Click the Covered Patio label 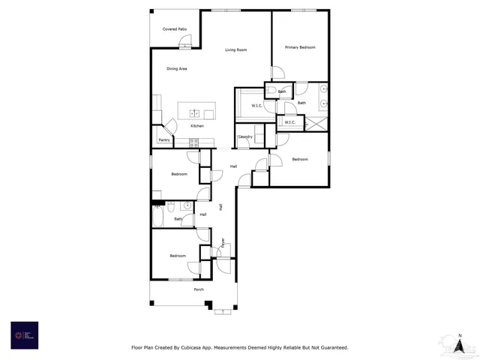coord(175,29)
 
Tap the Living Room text coord(236,50)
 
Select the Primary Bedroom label coord(300,47)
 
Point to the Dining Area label coord(177,69)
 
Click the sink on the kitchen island coord(194,113)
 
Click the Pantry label coord(163,140)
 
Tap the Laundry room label coord(245,136)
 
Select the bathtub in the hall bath coord(159,216)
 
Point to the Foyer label coord(222,242)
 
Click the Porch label coord(199,289)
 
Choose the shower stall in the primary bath coord(320,122)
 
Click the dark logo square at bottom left coord(24,335)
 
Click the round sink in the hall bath coord(186,205)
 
